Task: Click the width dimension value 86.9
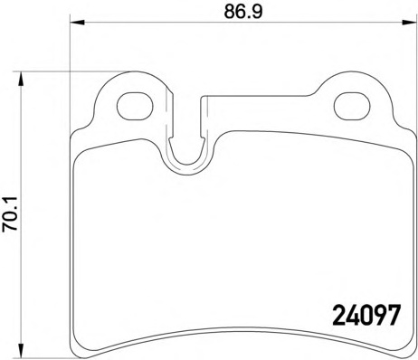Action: pyautogui.click(x=243, y=12)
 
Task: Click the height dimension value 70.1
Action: pyautogui.click(x=10, y=213)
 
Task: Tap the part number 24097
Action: pyautogui.click(x=367, y=315)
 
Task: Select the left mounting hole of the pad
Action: pyautogui.click(x=135, y=106)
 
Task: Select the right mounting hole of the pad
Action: pyautogui.click(x=352, y=106)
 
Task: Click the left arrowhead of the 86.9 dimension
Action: pyautogui.click(x=77, y=22)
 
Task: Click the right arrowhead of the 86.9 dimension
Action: pyautogui.click(x=409, y=22)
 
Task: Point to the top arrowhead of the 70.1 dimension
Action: pyautogui.click(x=21, y=79)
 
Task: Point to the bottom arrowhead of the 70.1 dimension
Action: pyautogui.click(x=21, y=350)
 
